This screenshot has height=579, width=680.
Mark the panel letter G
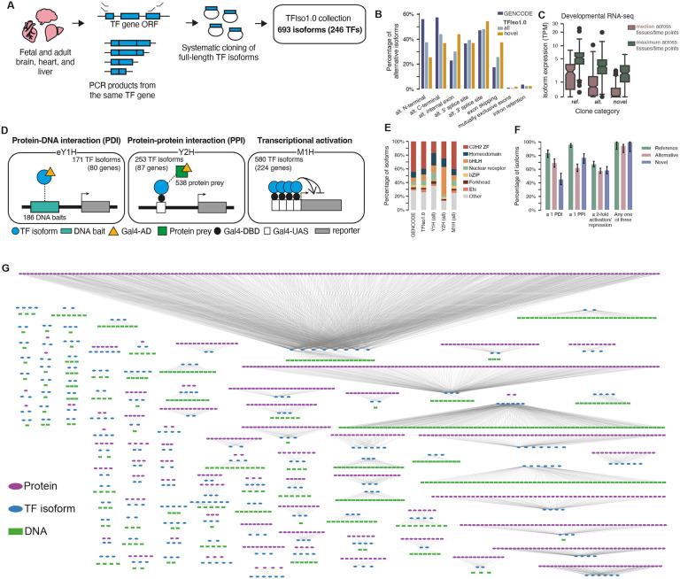click(x=7, y=268)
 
